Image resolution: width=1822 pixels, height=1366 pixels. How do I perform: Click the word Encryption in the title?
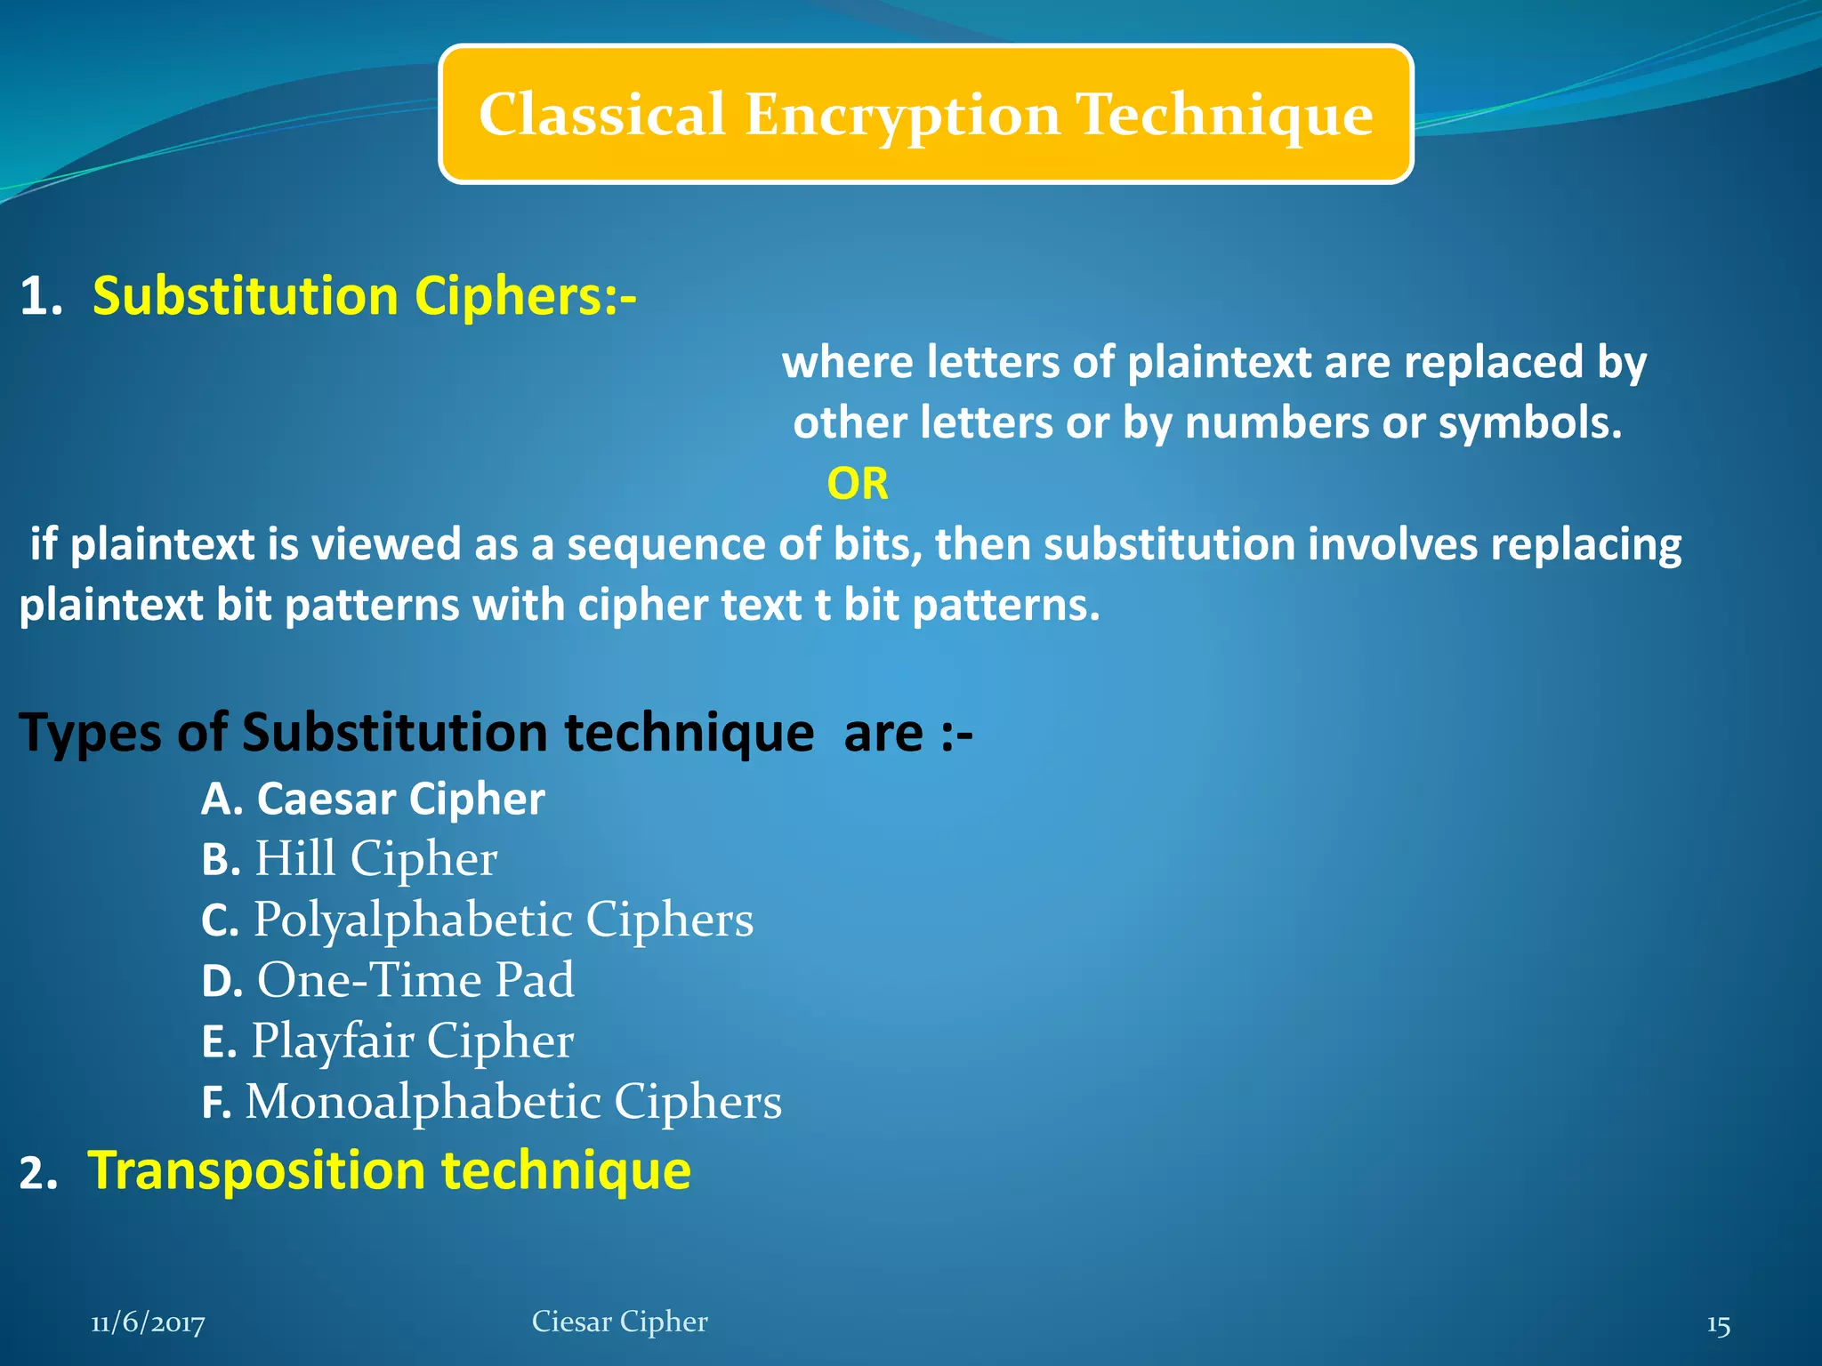902,116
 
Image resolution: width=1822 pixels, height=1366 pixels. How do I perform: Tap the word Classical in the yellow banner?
602,115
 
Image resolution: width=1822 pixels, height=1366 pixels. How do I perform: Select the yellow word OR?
857,484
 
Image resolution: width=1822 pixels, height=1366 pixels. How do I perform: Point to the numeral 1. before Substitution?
41,296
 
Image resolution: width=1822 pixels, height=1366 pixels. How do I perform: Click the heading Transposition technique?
389,1170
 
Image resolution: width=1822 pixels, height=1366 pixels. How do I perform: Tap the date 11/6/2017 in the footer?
148,1323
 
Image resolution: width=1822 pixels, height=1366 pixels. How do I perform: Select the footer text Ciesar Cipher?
619,1322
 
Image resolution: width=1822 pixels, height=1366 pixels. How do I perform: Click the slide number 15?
1718,1326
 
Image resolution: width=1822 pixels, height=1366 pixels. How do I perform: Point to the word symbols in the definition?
1529,423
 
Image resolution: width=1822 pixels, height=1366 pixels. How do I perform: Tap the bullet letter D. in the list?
222,982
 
